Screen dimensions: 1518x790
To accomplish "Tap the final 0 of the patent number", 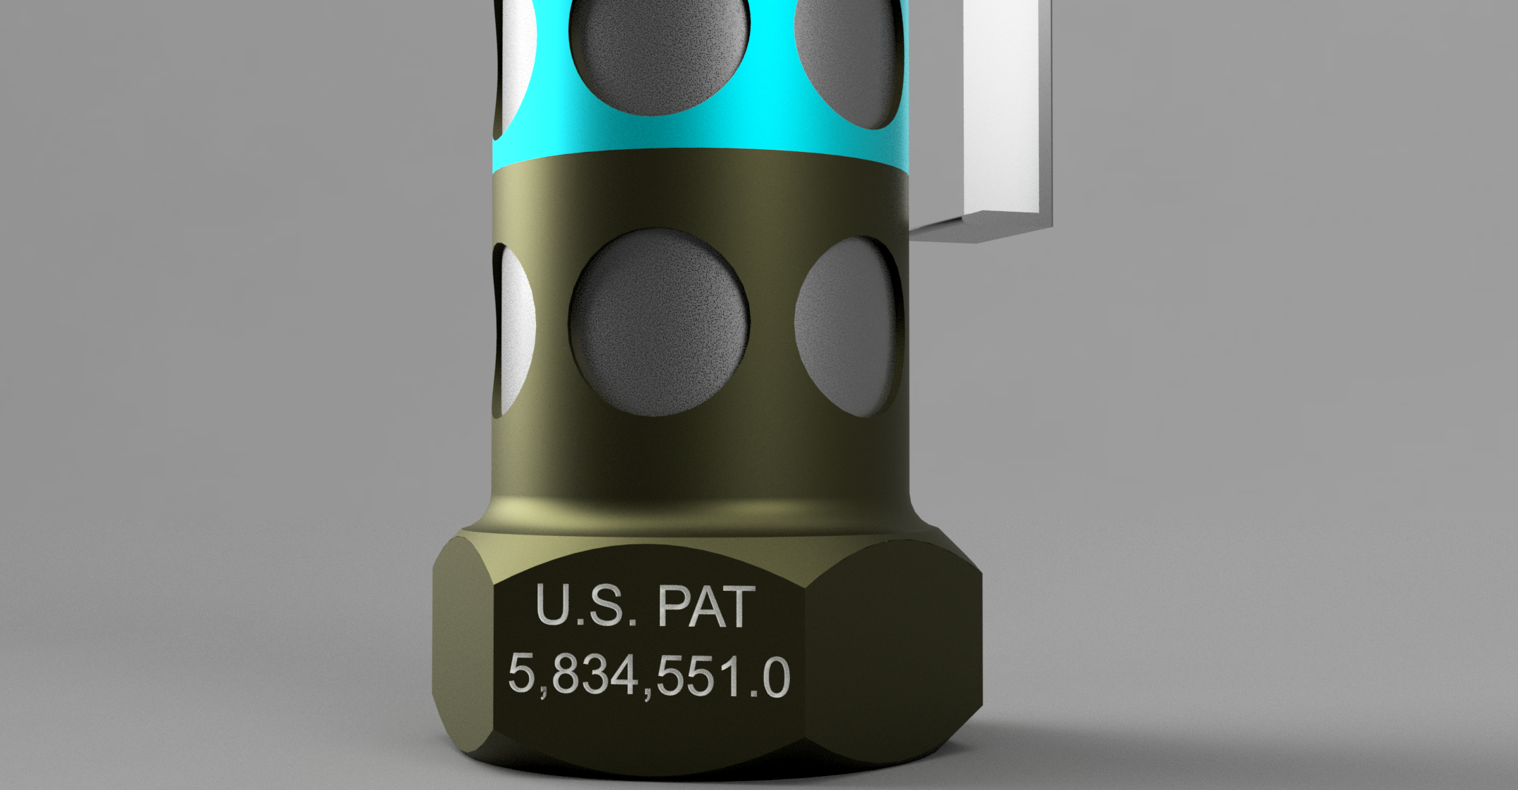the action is click(x=775, y=677).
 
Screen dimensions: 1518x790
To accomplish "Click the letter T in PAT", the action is click(x=740, y=608).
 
